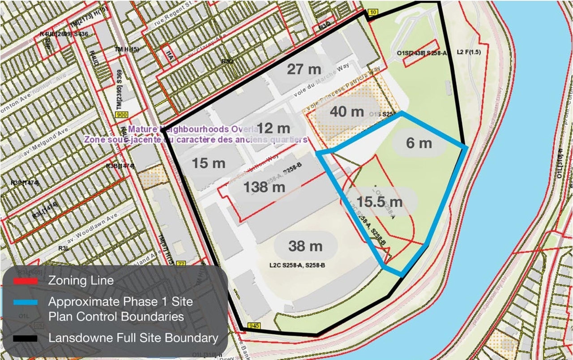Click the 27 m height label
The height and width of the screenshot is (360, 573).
pos(304,69)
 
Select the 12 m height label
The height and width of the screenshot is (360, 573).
pos(274,128)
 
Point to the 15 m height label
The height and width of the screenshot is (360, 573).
pos(209,163)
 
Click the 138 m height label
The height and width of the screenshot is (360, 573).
pos(264,187)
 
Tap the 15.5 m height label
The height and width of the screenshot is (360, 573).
pos(380,201)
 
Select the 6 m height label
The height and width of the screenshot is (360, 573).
pos(419,143)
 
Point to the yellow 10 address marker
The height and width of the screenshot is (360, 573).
pos(372,13)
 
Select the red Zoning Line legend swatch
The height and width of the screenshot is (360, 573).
pos(25,282)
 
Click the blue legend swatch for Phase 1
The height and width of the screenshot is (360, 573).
pos(25,302)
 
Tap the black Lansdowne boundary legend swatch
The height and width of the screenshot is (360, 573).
pos(25,338)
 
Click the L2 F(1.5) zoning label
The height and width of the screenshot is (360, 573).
pos(469,51)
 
